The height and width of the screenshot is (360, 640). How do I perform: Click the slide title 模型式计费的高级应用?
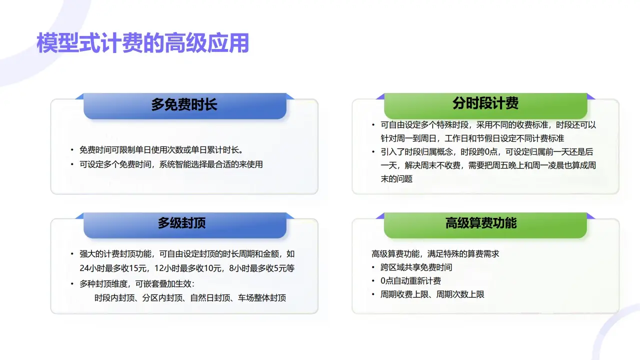pos(142,43)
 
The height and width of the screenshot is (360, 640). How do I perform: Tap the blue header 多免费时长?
pos(184,105)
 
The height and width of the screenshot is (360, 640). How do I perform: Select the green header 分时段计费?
pos(485,103)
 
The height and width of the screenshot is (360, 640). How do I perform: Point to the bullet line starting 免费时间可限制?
pos(161,150)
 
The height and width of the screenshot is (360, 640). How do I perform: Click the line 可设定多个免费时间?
pos(171,164)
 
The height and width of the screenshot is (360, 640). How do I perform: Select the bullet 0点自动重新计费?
pos(410,281)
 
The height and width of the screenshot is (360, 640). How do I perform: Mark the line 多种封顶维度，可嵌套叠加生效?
pos(136,284)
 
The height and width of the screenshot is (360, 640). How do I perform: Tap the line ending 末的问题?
pos(396,179)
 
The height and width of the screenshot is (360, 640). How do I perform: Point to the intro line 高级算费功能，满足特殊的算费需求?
pos(435,254)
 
